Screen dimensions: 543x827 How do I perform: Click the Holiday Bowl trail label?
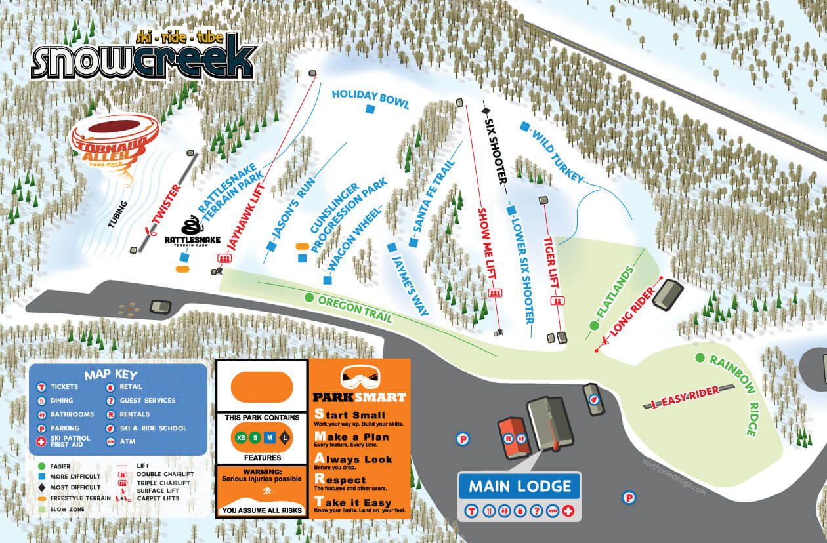click(x=370, y=98)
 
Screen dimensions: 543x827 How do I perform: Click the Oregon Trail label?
click(x=354, y=308)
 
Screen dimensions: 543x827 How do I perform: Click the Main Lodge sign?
click(x=520, y=487)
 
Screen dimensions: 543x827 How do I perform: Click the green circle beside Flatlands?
click(x=594, y=325)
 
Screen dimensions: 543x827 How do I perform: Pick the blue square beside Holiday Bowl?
click(x=370, y=110)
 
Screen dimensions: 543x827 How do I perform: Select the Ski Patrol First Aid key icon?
click(x=41, y=442)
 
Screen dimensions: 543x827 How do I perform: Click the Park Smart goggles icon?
click(x=360, y=377)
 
